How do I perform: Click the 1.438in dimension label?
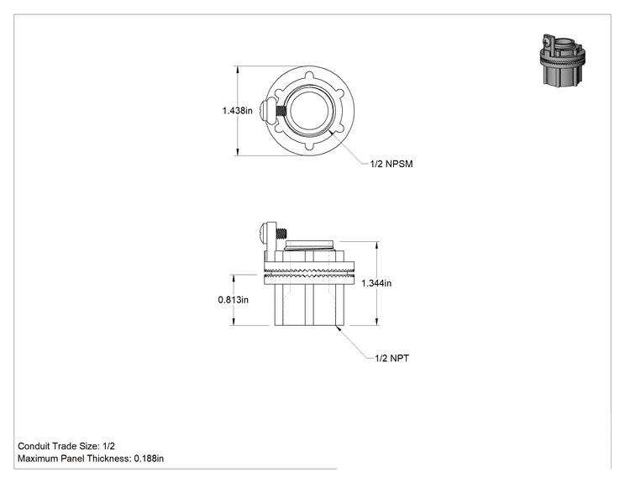point(237,110)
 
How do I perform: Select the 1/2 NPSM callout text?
point(391,164)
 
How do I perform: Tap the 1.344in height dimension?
point(376,283)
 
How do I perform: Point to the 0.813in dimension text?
point(234,300)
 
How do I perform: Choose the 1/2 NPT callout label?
point(391,359)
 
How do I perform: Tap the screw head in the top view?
point(265,110)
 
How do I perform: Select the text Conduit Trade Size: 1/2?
point(66,446)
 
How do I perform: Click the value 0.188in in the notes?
point(149,459)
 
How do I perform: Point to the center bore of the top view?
point(310,110)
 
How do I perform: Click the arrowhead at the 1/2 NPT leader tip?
point(339,328)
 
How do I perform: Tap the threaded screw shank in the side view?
point(282,233)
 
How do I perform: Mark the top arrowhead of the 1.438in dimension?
point(238,70)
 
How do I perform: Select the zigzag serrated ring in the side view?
point(309,273)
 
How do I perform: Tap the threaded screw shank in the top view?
point(281,110)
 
